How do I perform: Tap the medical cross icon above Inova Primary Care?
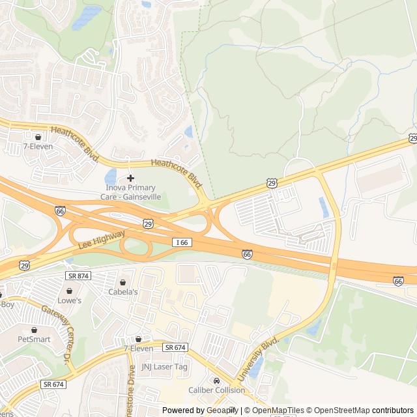click(130, 178)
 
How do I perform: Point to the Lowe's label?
click(70, 300)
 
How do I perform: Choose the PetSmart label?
click(34, 339)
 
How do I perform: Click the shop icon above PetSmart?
click(34, 330)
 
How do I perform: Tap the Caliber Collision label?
click(217, 390)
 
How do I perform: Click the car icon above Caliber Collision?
click(217, 381)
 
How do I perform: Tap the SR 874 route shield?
click(79, 276)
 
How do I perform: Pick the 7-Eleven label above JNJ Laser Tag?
click(138, 349)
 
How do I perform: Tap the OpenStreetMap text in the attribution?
click(339, 410)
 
